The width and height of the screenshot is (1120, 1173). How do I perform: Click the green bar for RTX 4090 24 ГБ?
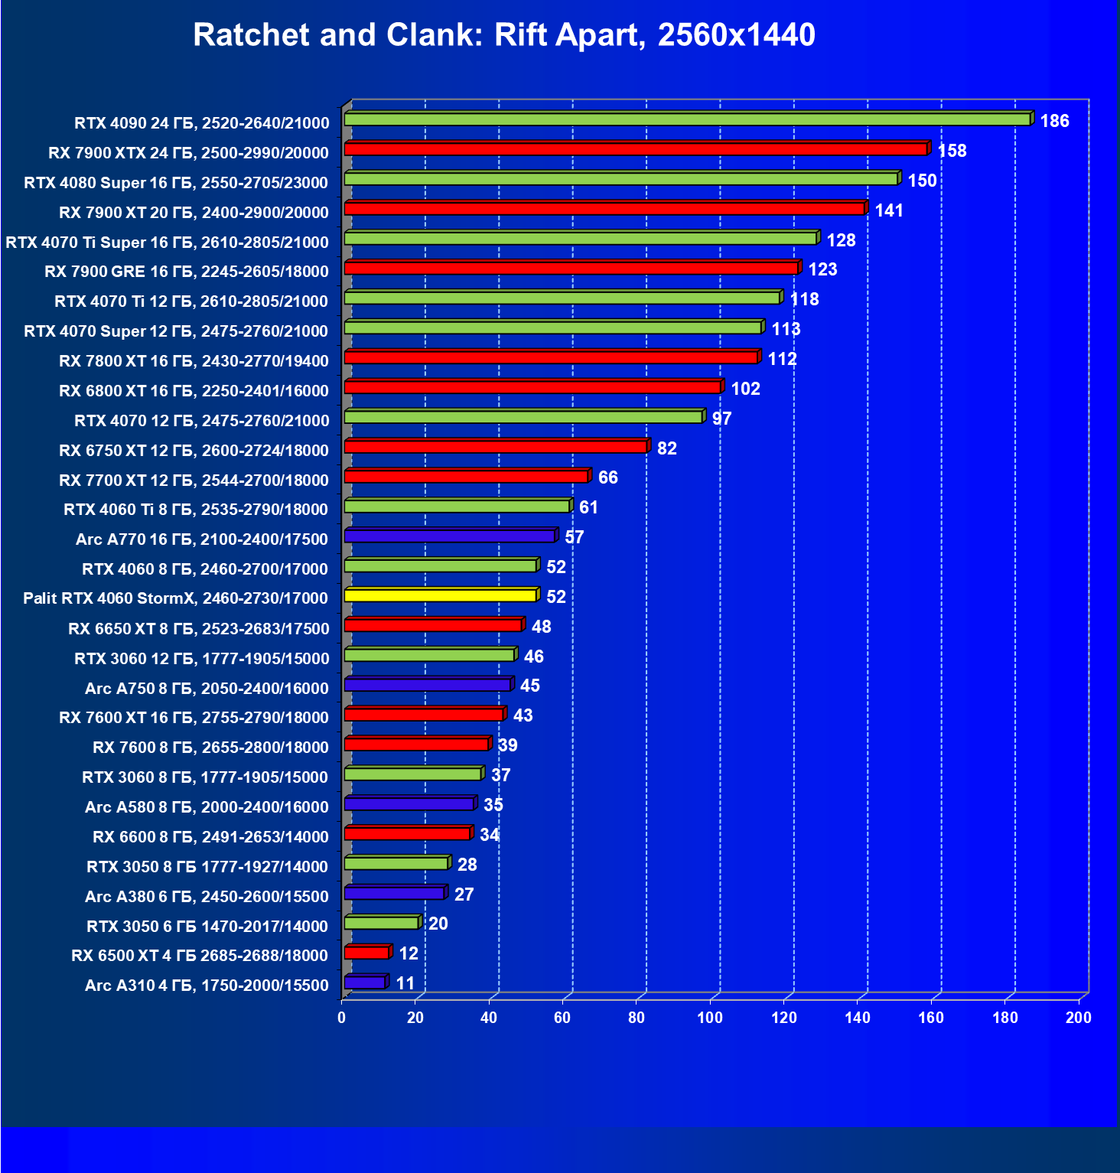[x=687, y=119]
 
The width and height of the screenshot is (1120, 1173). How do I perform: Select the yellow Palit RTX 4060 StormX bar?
[x=440, y=595]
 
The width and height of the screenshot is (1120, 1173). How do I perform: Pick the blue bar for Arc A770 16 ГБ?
[x=449, y=536]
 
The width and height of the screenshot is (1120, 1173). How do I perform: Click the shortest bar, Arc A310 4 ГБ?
[x=365, y=982]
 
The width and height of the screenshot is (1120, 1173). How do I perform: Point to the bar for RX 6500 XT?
[x=367, y=953]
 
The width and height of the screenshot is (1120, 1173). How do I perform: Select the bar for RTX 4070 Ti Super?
[x=580, y=239]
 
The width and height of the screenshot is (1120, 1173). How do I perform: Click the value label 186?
[x=1054, y=121]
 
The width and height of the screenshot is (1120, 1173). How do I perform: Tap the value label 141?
[x=889, y=210]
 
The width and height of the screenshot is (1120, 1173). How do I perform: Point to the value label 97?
[x=721, y=419]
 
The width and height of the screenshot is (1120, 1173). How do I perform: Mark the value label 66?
[x=607, y=477]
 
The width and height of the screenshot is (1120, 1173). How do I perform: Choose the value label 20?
[x=438, y=924]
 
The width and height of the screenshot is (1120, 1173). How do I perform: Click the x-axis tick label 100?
[x=710, y=1018]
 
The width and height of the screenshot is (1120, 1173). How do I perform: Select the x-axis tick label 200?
[x=1079, y=1018]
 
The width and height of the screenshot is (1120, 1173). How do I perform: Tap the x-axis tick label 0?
[x=342, y=1018]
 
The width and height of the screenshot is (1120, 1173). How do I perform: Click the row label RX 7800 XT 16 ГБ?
[x=194, y=361]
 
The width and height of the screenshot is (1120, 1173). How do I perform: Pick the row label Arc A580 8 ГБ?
[x=207, y=807]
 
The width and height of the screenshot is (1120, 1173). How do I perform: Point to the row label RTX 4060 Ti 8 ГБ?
[x=196, y=510]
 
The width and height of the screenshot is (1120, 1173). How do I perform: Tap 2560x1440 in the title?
[x=736, y=35]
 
